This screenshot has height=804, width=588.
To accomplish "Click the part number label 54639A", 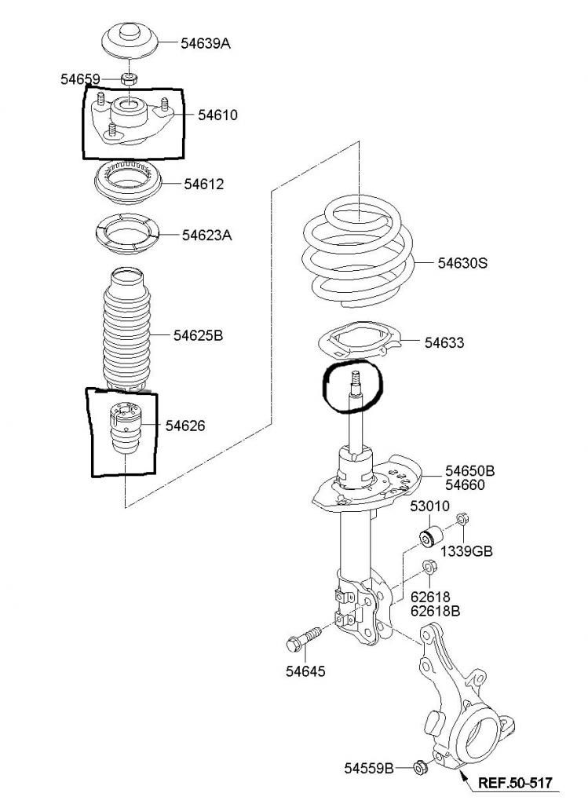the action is click(x=206, y=44).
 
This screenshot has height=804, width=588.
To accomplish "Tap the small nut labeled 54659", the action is click(x=129, y=79).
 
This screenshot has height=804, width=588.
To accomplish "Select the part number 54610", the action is click(x=218, y=115).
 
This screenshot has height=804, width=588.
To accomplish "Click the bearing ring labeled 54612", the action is click(x=128, y=181).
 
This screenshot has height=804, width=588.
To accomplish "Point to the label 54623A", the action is click(x=207, y=236).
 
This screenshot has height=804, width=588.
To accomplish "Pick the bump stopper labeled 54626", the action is click(x=126, y=428).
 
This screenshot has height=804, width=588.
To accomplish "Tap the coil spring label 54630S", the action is click(x=462, y=263).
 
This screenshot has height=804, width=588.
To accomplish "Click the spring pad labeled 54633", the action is click(x=360, y=339).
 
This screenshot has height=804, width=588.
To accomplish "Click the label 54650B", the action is click(x=469, y=471).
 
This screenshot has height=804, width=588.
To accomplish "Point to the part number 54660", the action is click(x=465, y=485).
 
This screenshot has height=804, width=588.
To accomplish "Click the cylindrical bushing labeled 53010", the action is click(x=430, y=535).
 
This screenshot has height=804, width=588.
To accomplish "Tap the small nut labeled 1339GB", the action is click(x=462, y=518).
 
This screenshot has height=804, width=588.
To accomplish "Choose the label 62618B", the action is click(x=435, y=611).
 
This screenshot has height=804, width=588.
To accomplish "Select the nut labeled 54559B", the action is click(x=420, y=768).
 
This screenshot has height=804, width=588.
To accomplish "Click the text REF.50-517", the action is click(x=515, y=783).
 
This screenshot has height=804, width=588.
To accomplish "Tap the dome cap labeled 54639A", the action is click(x=130, y=40).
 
